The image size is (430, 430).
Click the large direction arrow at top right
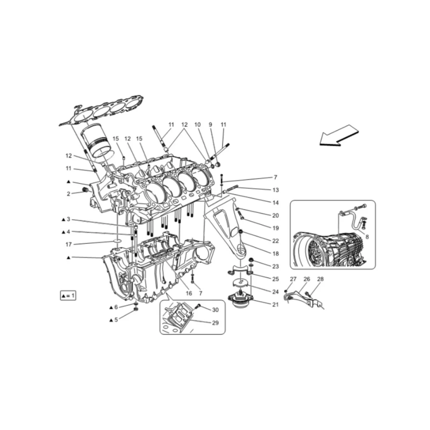coord(338,135)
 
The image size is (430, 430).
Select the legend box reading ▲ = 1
coord(68,296)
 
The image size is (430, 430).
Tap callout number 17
coord(68,245)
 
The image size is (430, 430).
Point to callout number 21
coord(275,305)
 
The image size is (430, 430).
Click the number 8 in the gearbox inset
coord(367,236)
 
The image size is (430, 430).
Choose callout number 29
coord(215,323)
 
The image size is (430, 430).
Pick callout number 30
coord(215,310)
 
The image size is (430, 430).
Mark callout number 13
coord(275,190)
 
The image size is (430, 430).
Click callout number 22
coord(275,241)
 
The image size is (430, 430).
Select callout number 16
coord(189,293)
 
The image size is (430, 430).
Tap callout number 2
coord(68,194)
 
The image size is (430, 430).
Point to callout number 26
coord(307,279)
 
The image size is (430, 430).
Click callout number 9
coord(210,125)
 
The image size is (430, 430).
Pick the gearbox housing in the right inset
coord(330,247)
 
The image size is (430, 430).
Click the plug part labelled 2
coord(86,190)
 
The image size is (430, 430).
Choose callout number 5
coord(116,320)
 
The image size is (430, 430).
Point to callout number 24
coord(275,292)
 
